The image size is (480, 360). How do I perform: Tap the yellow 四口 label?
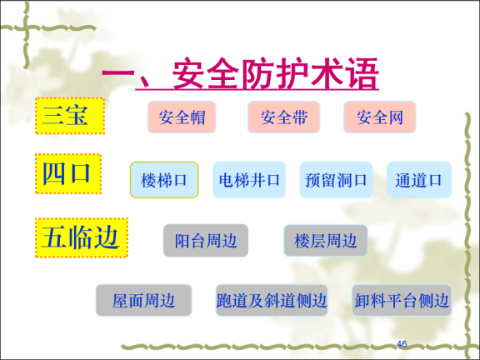(x=68, y=174)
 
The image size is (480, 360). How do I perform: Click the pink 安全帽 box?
(x=182, y=117)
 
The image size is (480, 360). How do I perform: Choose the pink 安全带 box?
(x=283, y=117)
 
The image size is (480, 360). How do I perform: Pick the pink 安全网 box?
(x=379, y=117)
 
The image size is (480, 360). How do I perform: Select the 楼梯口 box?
(x=164, y=180)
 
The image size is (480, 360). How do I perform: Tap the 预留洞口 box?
(x=336, y=180)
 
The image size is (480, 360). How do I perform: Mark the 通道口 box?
(x=418, y=180)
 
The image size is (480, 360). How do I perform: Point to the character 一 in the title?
(x=118, y=76)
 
